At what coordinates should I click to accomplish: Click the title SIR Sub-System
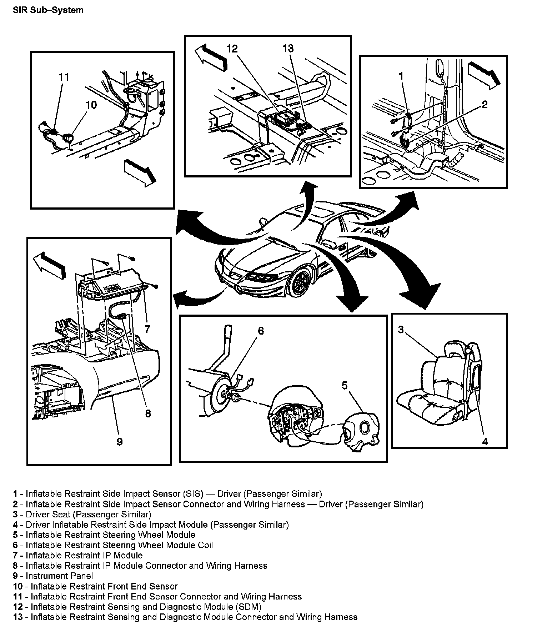click(x=48, y=10)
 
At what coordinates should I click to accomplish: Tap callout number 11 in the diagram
click(x=64, y=77)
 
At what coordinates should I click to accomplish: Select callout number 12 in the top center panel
click(x=232, y=49)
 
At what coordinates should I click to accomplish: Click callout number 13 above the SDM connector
click(x=288, y=49)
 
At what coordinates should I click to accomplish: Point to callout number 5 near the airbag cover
click(x=345, y=386)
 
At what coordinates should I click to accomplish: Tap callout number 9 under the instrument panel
click(x=120, y=442)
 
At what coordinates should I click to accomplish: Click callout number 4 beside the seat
click(x=485, y=442)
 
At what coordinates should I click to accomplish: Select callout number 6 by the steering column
click(x=261, y=331)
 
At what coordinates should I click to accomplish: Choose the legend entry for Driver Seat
click(x=82, y=514)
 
